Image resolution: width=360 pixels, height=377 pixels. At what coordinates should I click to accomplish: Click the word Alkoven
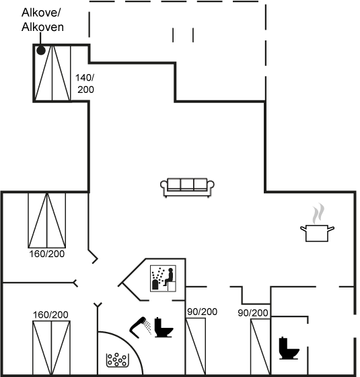pos(42,27)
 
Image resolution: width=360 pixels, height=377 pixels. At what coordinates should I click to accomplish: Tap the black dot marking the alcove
pos(41,50)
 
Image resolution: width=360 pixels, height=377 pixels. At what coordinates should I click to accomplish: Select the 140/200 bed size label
pos(85,83)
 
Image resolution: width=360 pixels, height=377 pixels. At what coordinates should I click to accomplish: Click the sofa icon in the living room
pos(187,187)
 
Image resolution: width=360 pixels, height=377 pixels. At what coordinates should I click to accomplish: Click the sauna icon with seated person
pos(163,279)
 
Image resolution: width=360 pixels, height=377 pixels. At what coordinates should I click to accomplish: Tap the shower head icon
pos(141,327)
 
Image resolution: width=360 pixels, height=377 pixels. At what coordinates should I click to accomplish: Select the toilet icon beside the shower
pos(163,327)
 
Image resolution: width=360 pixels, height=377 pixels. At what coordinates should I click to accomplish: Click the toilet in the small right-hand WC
pos(289,348)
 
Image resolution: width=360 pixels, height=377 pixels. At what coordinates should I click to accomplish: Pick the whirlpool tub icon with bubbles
pos(118,360)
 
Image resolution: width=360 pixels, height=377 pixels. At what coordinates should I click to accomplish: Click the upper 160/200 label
pos(47,254)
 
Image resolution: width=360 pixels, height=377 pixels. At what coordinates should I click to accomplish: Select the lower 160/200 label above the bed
pos(50,315)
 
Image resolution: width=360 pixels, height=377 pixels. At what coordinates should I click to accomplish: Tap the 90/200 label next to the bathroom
pos(203,312)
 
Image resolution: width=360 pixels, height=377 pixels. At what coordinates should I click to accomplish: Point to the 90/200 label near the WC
pos(253,313)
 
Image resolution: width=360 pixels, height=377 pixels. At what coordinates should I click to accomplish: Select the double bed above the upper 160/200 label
pos(47,220)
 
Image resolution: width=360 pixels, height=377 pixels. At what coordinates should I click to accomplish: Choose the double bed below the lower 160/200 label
pos(51,347)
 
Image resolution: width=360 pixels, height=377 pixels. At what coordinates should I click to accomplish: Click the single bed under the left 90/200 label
pos(196,347)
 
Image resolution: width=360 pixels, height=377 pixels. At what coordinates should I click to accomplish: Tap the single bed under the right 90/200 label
pos(260,347)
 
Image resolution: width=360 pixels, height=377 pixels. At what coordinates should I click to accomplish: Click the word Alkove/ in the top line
pos(40,13)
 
